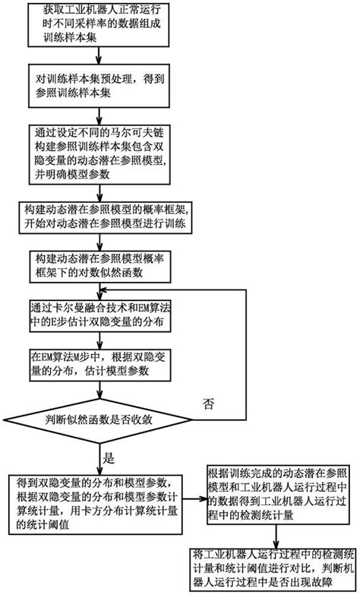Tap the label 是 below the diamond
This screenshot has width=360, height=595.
(x=108, y=458)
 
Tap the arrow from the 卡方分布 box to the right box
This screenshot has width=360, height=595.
(x=201, y=501)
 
